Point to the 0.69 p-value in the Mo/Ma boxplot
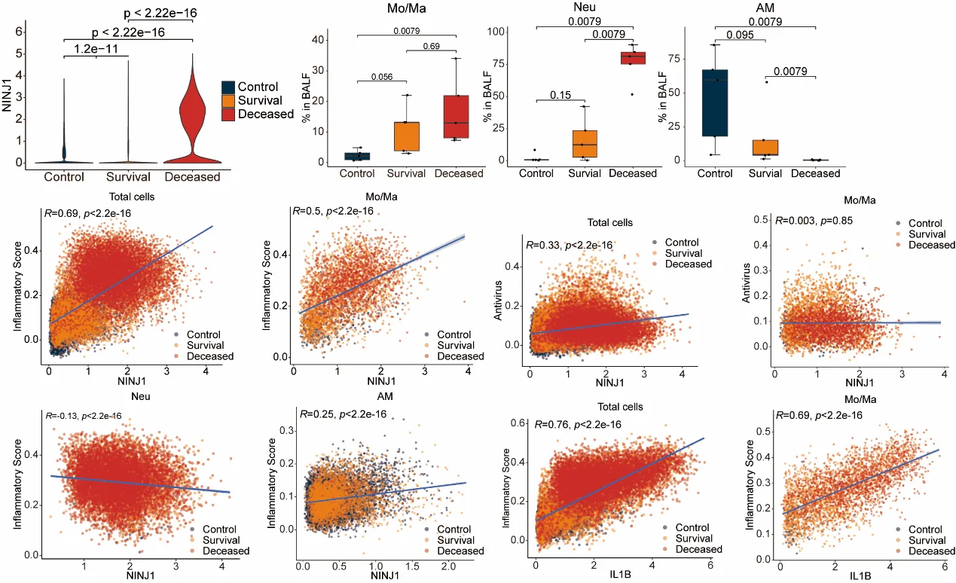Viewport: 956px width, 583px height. coord(432,47)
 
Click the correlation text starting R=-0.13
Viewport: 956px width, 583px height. coord(82,416)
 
